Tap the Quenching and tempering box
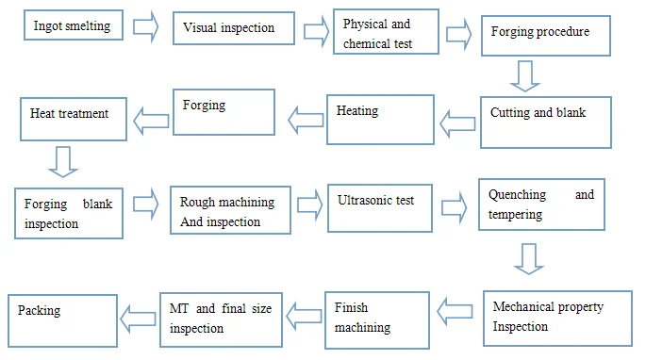[541, 205]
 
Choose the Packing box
[62, 318]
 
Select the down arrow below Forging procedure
[526, 75]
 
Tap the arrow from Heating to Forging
[306, 119]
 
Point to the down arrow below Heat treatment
[61, 160]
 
